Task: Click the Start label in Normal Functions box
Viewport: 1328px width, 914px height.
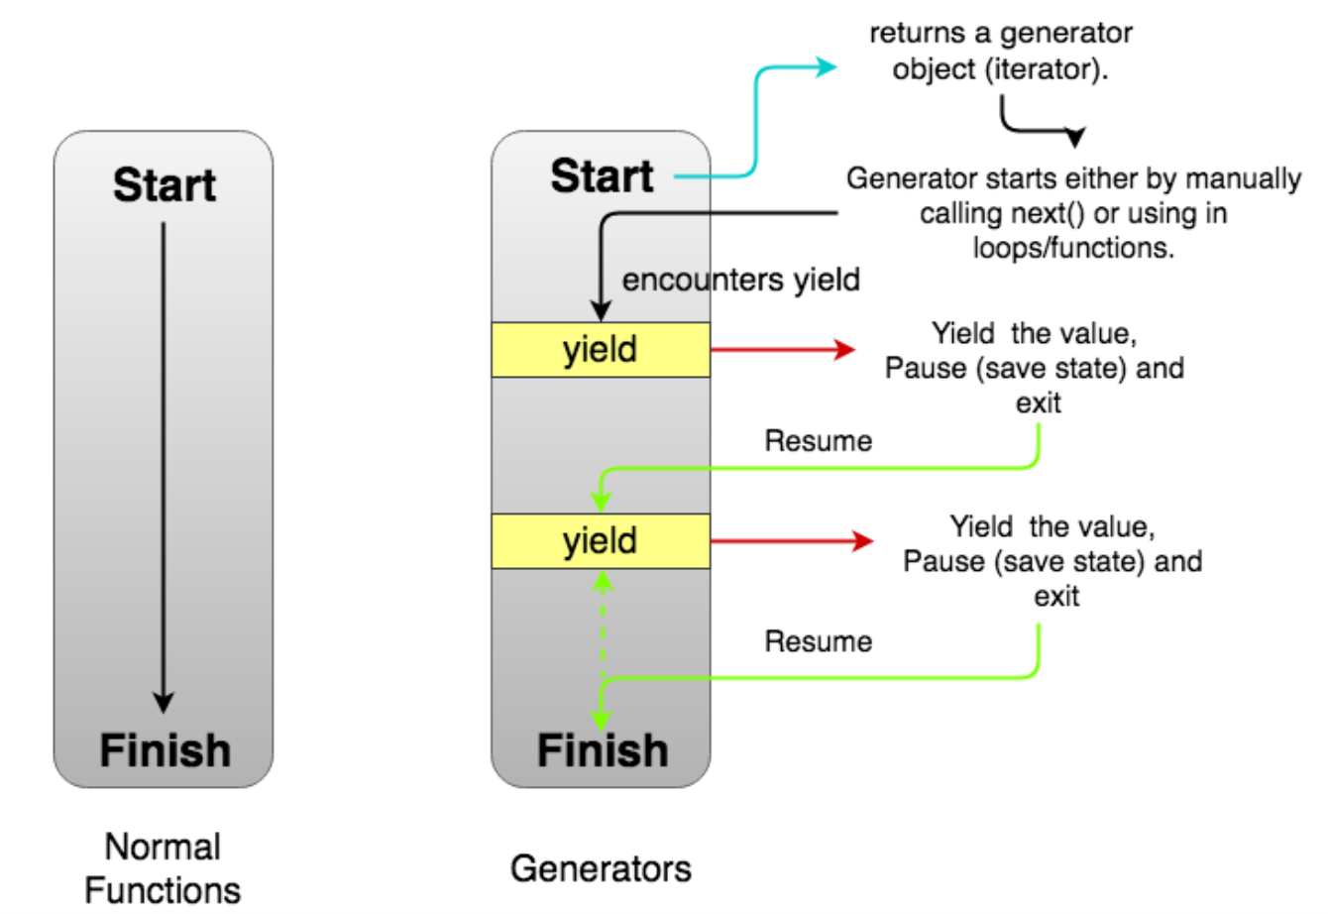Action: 164,185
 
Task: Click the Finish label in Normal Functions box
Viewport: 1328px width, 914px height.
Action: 165,750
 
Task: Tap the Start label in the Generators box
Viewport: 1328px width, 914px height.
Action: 602,176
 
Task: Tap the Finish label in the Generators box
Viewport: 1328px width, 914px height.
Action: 602,750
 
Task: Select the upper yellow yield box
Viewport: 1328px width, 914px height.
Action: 601,350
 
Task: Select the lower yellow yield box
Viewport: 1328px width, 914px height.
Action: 601,541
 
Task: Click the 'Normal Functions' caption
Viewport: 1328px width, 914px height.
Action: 163,868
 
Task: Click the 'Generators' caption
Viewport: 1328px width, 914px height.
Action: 601,868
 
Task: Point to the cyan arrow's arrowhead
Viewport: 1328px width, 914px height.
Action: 827,67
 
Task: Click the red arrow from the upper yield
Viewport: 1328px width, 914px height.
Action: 783,350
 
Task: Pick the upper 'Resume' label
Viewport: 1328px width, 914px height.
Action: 818,441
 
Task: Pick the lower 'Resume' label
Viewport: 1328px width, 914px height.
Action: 818,641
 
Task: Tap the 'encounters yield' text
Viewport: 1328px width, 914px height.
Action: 740,281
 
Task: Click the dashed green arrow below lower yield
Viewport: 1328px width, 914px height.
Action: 602,625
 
